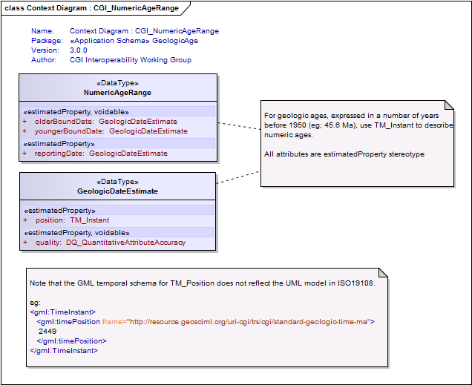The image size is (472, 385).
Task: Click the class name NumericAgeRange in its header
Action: (117, 93)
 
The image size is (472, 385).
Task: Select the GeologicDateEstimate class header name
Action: (117, 191)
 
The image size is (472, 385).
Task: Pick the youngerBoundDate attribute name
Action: (69, 131)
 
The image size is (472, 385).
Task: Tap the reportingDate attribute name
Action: (59, 154)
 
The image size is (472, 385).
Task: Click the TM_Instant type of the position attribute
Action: (90, 220)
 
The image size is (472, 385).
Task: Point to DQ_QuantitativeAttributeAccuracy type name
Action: (126, 243)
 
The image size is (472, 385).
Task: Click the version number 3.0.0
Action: (79, 50)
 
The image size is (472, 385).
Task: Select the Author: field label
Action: (44, 60)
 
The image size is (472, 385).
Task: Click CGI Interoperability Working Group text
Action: (131, 60)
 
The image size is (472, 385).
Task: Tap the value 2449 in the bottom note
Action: (47, 332)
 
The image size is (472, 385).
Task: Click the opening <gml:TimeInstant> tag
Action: (63, 312)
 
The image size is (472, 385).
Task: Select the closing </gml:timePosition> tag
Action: (72, 341)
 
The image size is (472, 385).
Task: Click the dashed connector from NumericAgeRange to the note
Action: (239, 126)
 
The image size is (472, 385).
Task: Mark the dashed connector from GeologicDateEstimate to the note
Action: (237, 177)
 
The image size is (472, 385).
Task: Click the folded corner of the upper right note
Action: (449, 105)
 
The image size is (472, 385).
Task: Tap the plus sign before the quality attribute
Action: (25, 243)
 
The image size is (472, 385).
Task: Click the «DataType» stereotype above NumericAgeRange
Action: (117, 83)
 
